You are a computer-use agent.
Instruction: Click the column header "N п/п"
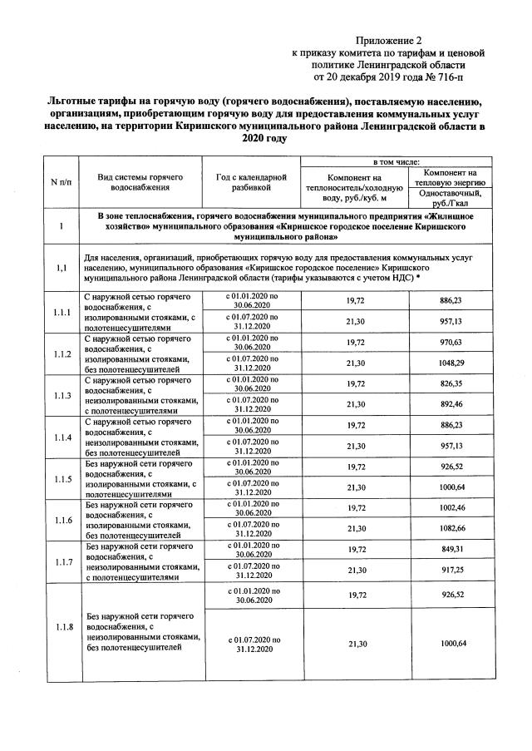60,182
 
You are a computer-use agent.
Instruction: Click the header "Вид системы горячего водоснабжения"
140,182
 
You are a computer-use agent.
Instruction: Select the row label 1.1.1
62,313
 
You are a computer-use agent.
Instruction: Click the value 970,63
452,343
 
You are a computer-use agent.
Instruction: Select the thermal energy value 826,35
452,384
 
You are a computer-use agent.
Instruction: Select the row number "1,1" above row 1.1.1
62,269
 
